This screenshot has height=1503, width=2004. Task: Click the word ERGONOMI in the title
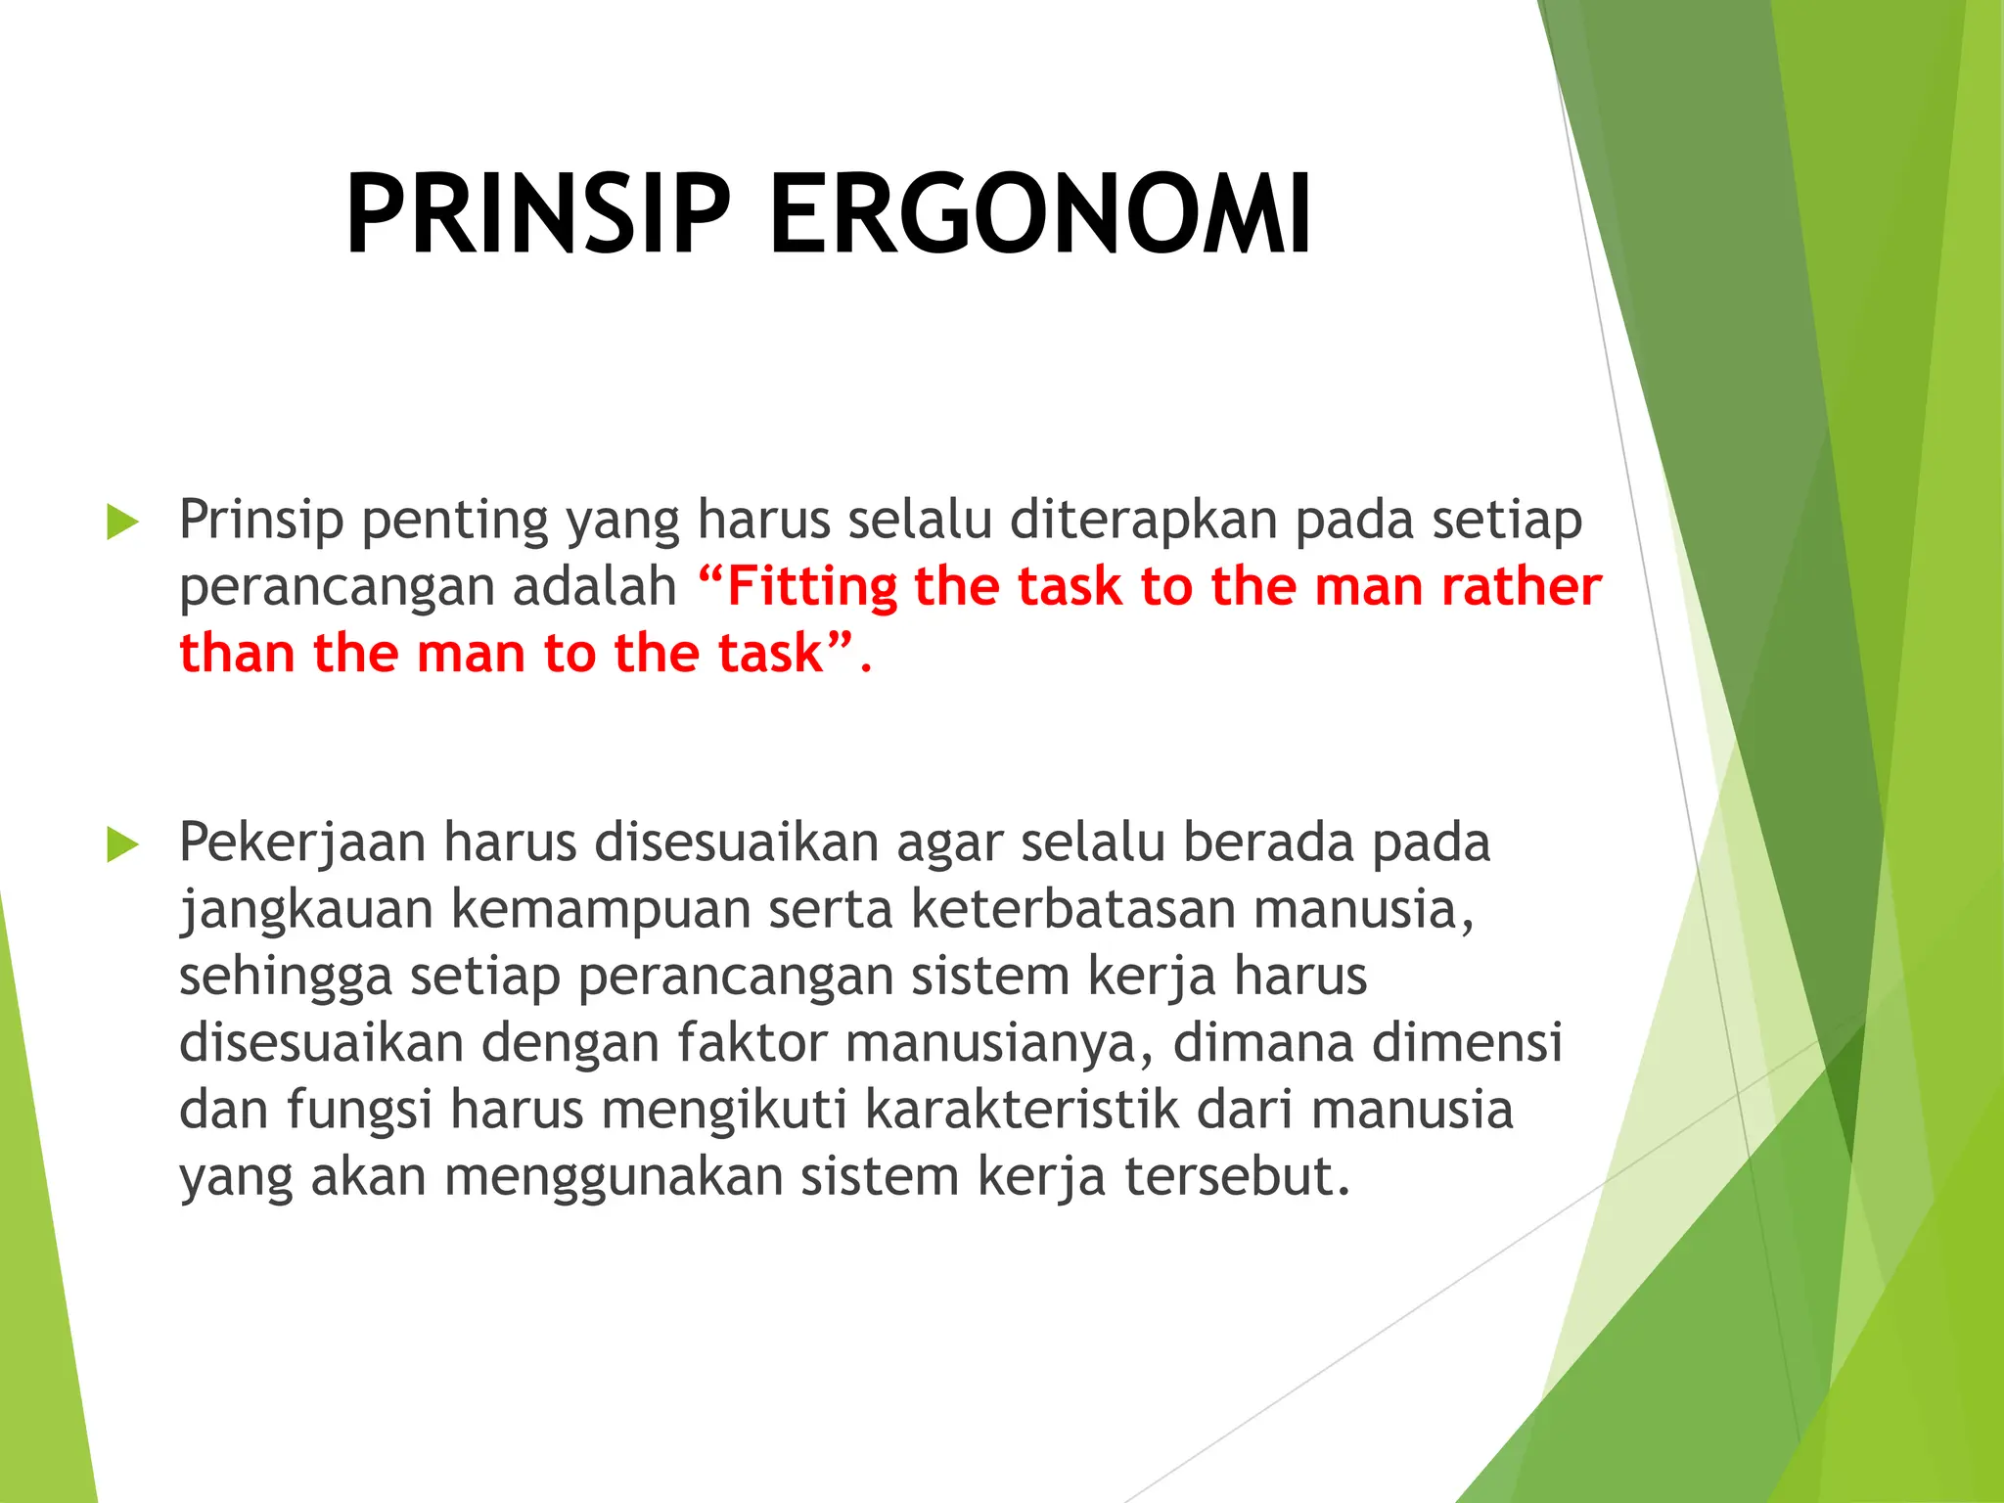pyautogui.click(x=1039, y=215)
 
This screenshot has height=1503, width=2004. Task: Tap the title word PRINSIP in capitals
pyautogui.click(x=537, y=215)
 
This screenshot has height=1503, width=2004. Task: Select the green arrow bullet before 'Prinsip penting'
pyautogui.click(x=122, y=522)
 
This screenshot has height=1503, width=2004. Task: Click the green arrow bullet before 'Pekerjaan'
pyautogui.click(x=122, y=844)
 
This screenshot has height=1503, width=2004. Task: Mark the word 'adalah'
pyautogui.click(x=595, y=587)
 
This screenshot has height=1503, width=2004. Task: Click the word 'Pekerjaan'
pyautogui.click(x=302, y=843)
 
